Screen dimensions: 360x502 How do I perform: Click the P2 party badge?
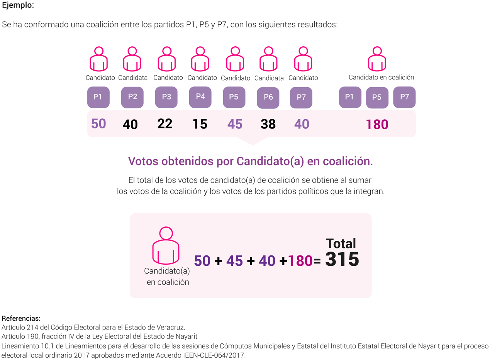pos(132,97)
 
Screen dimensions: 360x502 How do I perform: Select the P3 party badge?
pos(166,97)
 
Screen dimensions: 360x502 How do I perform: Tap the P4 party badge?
pos(200,97)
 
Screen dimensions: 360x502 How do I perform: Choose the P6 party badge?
pos(268,97)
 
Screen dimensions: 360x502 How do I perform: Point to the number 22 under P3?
pos(165,124)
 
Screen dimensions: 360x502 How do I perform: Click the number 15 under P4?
pos(200,124)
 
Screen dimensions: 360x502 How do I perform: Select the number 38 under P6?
pos(268,124)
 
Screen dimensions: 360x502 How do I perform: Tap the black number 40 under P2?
pos(130,125)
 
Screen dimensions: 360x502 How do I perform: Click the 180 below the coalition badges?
pos(377,125)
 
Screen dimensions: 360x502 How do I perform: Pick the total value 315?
pos(342,260)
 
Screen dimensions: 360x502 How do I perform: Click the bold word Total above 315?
pos(341,243)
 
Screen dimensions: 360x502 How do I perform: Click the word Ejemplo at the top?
pos(18,5)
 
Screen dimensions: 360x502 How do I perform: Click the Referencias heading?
pos(21,318)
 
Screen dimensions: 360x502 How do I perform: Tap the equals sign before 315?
pos(317,262)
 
